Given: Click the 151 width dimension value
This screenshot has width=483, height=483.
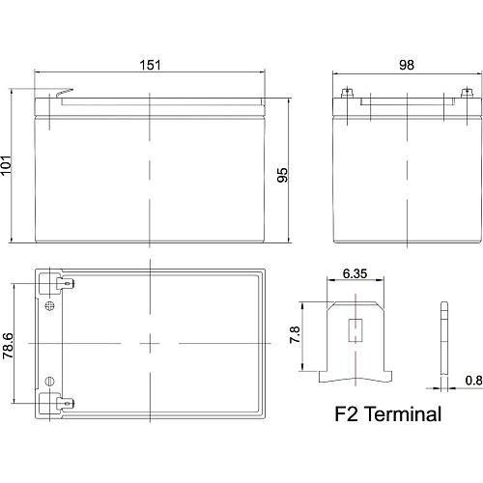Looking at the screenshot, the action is [x=150, y=65].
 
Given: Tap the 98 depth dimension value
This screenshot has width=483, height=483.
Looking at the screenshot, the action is [x=407, y=65].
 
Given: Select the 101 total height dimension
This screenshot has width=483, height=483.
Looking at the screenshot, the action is [x=6, y=165].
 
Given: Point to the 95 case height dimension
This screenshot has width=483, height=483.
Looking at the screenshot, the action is [x=282, y=175].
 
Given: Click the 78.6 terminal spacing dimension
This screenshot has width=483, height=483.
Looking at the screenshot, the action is [x=8, y=346].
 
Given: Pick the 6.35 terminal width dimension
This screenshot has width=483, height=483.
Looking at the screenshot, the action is [x=355, y=273].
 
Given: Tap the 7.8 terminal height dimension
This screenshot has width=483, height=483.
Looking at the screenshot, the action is [x=295, y=335].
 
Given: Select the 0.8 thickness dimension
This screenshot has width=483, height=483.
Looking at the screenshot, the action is [x=473, y=381].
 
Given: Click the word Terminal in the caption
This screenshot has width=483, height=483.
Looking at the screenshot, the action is [x=404, y=413].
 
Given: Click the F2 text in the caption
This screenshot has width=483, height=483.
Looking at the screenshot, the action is [x=346, y=413].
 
